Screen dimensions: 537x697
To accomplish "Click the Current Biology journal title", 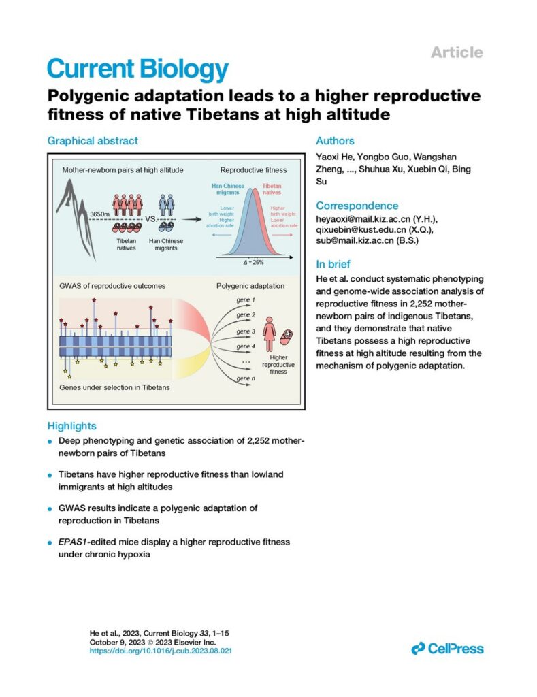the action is (x=137, y=69).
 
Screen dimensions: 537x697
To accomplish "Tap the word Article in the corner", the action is (x=457, y=52).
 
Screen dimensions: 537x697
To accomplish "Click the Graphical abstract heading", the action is (x=93, y=140).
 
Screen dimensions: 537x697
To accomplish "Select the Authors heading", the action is (x=335, y=140).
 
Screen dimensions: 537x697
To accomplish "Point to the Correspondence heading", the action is (x=357, y=206).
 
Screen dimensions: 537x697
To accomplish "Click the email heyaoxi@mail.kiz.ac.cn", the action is (x=363, y=219).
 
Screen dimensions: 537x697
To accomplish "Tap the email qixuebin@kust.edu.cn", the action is (x=361, y=230).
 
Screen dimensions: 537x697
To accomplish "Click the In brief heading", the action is (x=333, y=264).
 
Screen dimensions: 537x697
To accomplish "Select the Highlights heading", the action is (x=71, y=426).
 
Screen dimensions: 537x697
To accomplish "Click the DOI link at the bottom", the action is (x=161, y=651).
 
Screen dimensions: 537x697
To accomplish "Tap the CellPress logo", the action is (x=447, y=649).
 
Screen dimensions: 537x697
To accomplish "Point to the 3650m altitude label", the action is (x=99, y=214).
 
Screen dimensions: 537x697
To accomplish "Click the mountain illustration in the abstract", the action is (x=76, y=218).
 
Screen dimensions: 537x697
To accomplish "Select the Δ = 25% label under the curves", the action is (x=253, y=263).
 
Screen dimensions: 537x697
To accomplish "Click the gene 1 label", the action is (x=246, y=300).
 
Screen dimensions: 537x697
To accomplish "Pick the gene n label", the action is (x=246, y=378).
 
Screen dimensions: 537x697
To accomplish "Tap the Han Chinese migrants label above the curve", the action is (x=228, y=189).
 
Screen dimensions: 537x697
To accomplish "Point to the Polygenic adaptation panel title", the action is (x=250, y=286).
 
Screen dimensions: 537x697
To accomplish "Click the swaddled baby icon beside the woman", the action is (x=287, y=338).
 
